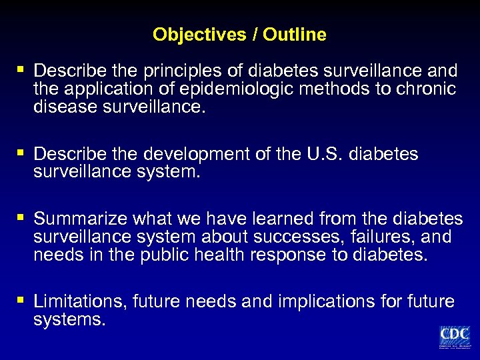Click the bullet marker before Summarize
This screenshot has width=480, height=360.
coord(21,218)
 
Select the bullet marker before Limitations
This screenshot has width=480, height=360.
coord(21,301)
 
